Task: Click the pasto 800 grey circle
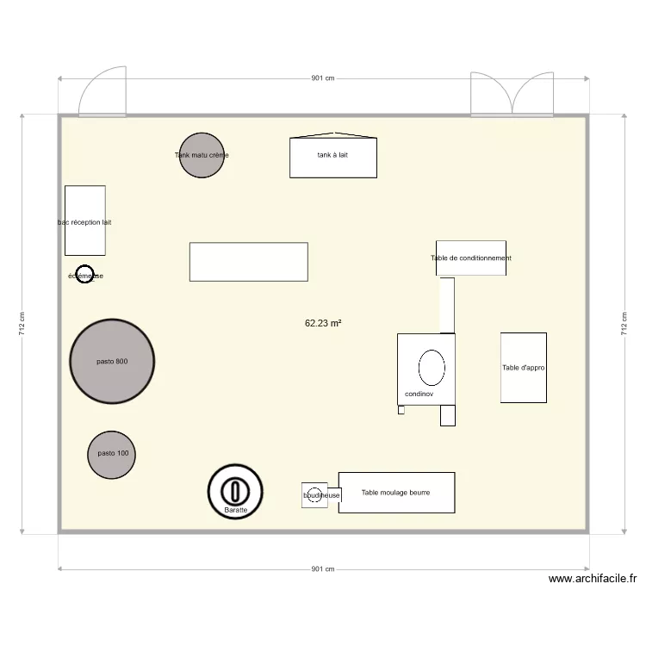(x=112, y=362)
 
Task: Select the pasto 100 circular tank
(x=112, y=455)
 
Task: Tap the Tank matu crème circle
(x=202, y=156)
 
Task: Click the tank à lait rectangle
(x=333, y=157)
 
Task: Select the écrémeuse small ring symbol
(x=84, y=275)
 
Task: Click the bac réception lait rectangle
(x=85, y=221)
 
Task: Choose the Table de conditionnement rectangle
(x=470, y=258)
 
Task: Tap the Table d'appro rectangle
(x=524, y=368)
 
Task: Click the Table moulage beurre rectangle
(x=396, y=493)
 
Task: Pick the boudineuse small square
(x=314, y=495)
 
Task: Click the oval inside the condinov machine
(x=432, y=368)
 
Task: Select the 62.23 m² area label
(x=323, y=324)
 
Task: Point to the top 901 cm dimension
(x=323, y=78)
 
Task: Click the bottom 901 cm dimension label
(x=323, y=569)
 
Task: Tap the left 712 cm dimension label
(x=22, y=324)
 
